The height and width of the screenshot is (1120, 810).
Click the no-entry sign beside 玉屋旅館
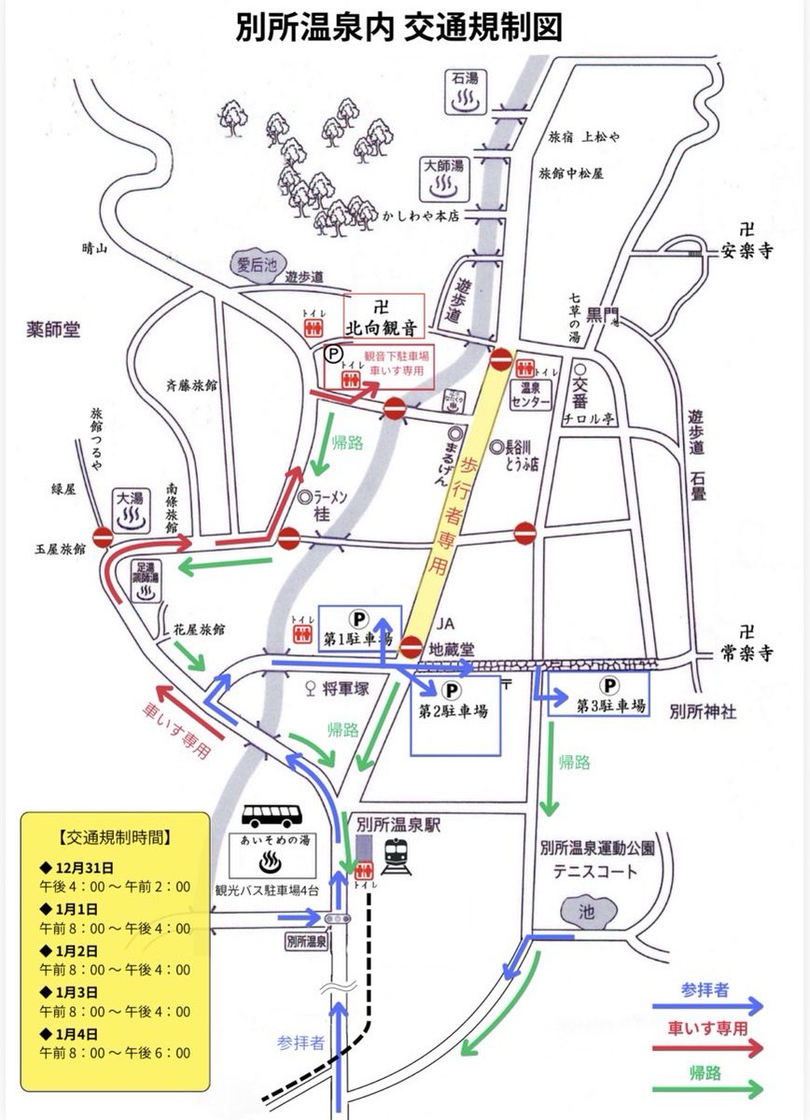[x=103, y=538]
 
